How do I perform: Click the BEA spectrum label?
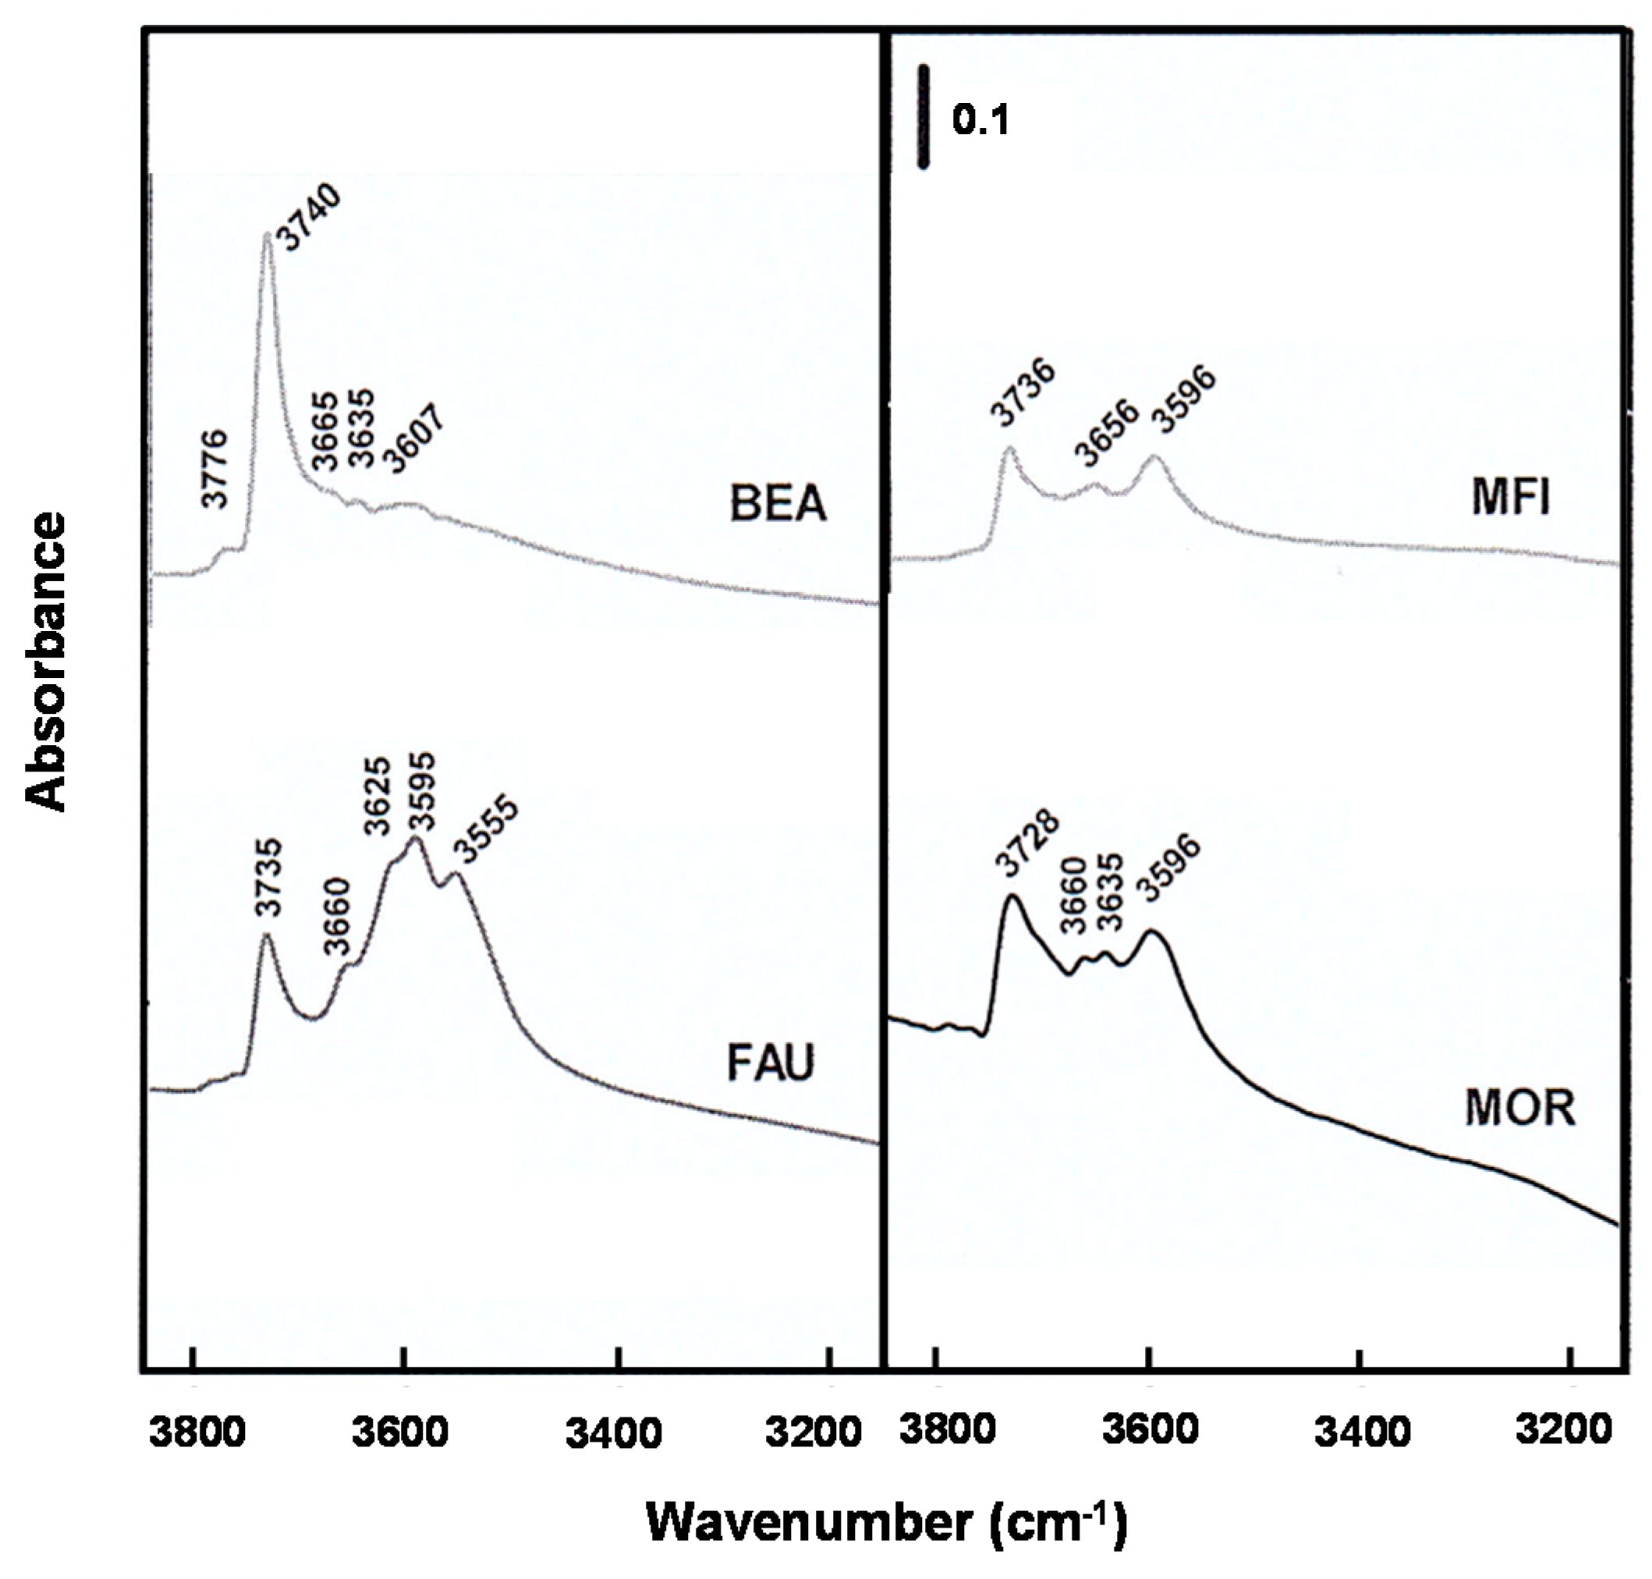click(777, 503)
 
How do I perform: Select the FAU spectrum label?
click(770, 1063)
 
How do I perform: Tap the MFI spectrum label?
click(1511, 498)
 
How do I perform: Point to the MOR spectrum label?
click(1520, 1108)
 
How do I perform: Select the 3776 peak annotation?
click(215, 468)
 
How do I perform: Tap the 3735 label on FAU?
click(269, 876)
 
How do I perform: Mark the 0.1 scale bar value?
click(980, 119)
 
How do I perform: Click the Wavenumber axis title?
click(885, 1522)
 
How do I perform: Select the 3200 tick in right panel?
click(1570, 1432)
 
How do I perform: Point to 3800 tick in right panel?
click(934, 1432)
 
